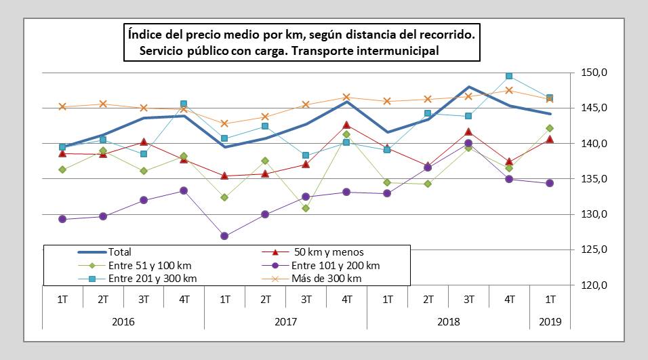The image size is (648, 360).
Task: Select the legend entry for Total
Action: (x=119, y=252)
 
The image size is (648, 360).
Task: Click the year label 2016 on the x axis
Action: (x=123, y=321)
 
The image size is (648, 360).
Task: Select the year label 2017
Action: (x=285, y=321)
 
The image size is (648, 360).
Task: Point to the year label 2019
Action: (x=550, y=321)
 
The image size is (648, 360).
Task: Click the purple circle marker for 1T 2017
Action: (x=224, y=236)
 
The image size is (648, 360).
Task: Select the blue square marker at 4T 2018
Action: (x=509, y=76)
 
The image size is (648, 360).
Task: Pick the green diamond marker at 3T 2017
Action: (x=306, y=208)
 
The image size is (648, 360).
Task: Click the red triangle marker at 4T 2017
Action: (x=346, y=125)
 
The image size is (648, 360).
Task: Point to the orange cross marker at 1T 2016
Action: (x=62, y=106)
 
